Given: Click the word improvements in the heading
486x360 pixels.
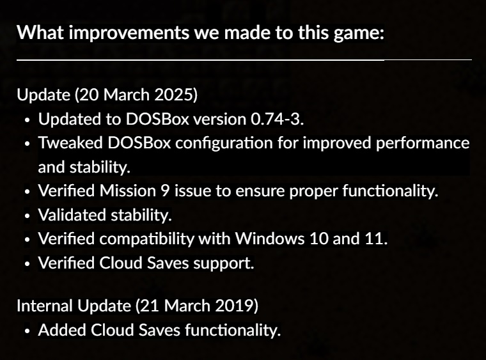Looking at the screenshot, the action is pyautogui.click(x=129, y=33).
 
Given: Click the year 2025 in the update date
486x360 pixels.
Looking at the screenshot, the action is pyautogui.click(x=176, y=95).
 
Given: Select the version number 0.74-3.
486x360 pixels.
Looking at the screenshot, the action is pyautogui.click(x=277, y=119).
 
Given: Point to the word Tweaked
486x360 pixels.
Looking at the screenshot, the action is pyautogui.click(x=70, y=143).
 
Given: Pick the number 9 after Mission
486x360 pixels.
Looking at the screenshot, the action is pyautogui.click(x=165, y=191).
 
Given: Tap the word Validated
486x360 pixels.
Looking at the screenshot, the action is pyautogui.click(x=72, y=215).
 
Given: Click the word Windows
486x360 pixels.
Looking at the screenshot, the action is pyautogui.click(x=270, y=239).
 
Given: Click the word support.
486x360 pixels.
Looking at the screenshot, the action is pyautogui.click(x=224, y=263).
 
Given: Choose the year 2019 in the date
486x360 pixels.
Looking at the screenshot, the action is pyautogui.click(x=236, y=306).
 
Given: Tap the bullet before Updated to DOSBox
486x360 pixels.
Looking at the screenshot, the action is pyautogui.click(x=27, y=120).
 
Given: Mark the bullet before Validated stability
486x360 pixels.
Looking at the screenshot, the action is pyautogui.click(x=27, y=216).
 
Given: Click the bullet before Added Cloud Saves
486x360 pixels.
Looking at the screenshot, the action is pyautogui.click(x=27, y=331).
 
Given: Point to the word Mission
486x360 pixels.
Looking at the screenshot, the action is pyautogui.click(x=128, y=191).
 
